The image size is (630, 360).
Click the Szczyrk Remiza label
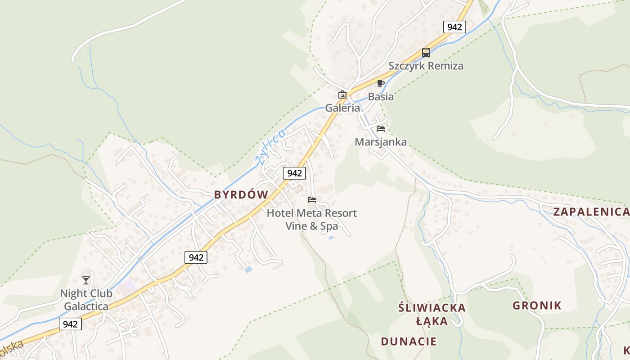426,66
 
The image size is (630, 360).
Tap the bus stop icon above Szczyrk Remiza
426,52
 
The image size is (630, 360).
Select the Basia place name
381,96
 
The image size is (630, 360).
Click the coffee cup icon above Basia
381,83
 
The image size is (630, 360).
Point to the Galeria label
343,108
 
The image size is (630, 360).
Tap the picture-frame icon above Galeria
342,94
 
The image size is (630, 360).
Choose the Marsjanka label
381,142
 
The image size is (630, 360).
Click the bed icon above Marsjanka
381,129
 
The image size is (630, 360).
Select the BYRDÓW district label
241,195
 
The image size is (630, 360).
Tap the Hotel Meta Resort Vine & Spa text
312,219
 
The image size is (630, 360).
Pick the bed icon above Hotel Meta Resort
312,200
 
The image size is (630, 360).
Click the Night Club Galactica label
86,300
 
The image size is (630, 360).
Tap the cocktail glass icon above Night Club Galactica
86,280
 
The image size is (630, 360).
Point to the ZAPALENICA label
591,212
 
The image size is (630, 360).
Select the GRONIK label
537,306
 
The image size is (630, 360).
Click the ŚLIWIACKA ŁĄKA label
432,314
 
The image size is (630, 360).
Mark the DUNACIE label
409,341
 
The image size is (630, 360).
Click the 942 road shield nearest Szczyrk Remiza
454,27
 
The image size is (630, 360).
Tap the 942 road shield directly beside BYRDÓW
294,173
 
